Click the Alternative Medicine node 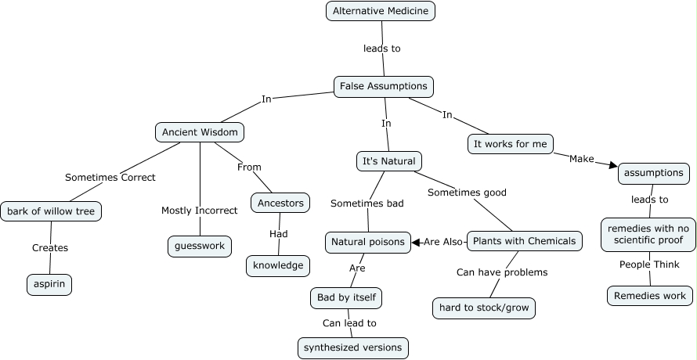(x=380, y=11)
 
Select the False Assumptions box (x=383, y=86)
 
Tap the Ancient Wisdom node (x=200, y=132)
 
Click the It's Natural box (x=389, y=161)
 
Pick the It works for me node (x=511, y=144)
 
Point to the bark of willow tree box (x=52, y=211)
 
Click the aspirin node (x=49, y=285)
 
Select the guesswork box (x=200, y=246)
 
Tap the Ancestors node (x=280, y=203)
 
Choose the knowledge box (x=278, y=265)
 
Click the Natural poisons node (x=367, y=242)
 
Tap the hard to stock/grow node (x=484, y=308)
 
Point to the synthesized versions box (x=353, y=347)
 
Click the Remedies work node (x=649, y=296)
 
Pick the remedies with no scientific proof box (x=648, y=235)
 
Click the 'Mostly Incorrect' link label (x=200, y=211)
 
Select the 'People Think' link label (x=649, y=265)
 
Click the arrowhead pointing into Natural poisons (x=416, y=242)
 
